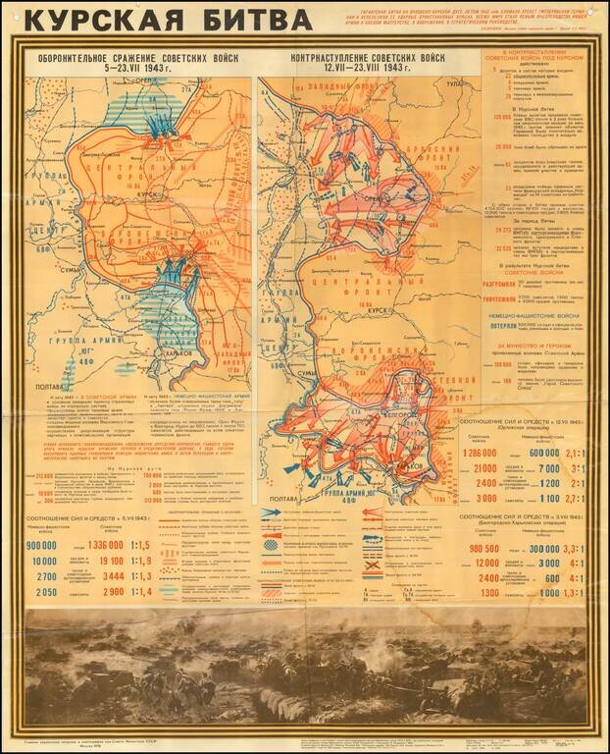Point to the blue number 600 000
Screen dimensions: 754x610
[545, 453]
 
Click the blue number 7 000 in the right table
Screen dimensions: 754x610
[548, 468]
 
